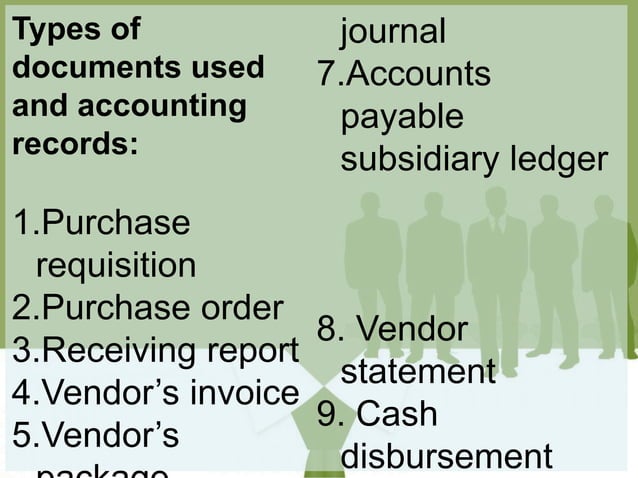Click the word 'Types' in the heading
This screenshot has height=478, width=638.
click(47, 31)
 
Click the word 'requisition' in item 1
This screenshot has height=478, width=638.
click(116, 266)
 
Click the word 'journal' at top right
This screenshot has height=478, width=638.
click(393, 32)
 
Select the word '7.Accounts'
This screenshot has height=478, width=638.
click(403, 75)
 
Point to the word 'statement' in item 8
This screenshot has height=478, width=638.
click(418, 373)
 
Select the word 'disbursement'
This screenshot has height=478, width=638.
click(445, 456)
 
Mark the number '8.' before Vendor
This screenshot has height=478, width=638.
click(331, 329)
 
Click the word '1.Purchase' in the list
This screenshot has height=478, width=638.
click(100, 222)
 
